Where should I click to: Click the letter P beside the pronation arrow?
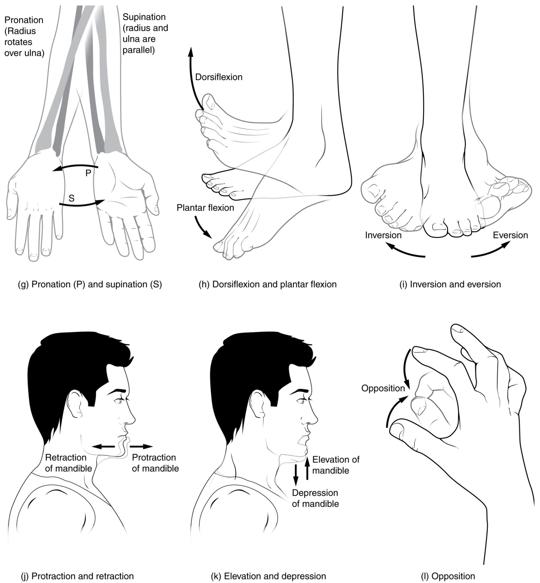click(88, 173)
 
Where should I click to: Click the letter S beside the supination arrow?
click(71, 199)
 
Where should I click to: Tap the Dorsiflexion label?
click(219, 77)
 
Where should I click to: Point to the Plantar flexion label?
click(205, 208)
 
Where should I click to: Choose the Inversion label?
click(383, 235)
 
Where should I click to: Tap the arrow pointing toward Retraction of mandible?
click(103, 447)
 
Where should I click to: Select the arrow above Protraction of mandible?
click(141, 447)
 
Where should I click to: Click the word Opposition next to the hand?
click(383, 388)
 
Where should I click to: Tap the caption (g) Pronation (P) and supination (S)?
click(90, 284)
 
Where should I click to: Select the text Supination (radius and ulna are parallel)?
click(145, 34)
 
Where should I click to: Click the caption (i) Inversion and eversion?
click(450, 284)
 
